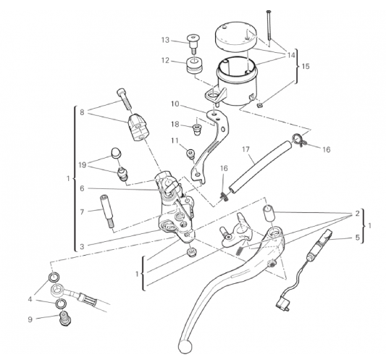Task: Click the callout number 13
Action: coord(165,40)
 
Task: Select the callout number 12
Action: coord(165,60)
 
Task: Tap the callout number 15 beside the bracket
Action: coord(306,66)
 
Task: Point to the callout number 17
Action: coord(246,149)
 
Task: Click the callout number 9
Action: coord(30,319)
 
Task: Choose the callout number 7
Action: coord(82,212)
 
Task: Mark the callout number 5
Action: coord(358,237)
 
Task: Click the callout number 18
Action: coord(175,125)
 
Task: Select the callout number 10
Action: coord(175,104)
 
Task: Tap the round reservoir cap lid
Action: coord(236,37)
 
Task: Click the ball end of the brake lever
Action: coord(185,347)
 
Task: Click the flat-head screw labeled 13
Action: coord(193,43)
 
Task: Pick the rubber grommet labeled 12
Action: coord(194,65)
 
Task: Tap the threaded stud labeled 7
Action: coord(106,212)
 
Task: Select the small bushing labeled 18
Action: coord(197,130)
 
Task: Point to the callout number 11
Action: coord(175,141)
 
